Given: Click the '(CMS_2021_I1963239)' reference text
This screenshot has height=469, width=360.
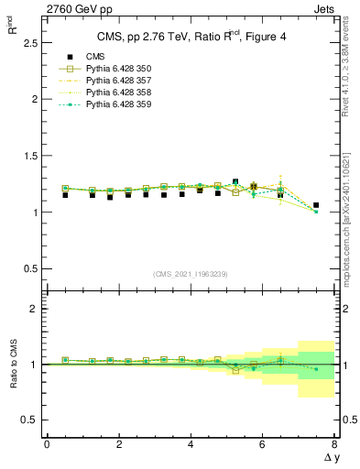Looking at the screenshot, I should click(x=191, y=274).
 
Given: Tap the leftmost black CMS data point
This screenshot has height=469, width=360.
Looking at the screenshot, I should click(x=65, y=195).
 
